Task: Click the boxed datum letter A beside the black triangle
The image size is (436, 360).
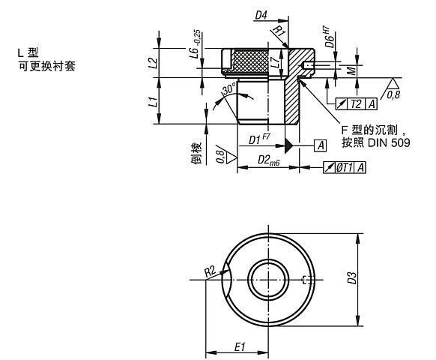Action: point(320,143)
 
